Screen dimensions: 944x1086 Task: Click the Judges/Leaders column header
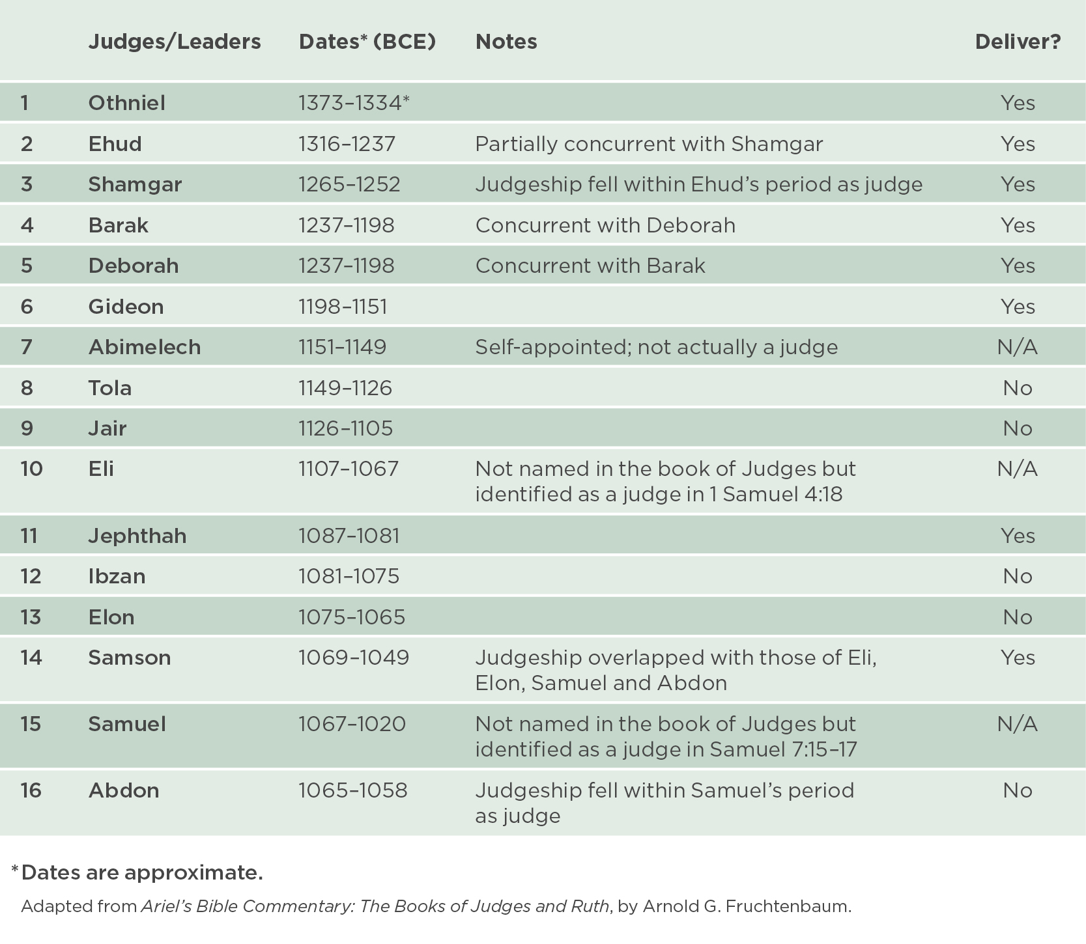point(174,42)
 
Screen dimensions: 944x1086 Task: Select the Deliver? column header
point(1018,42)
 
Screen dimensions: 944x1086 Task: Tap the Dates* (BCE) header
point(367,42)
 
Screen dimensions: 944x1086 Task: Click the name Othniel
point(126,103)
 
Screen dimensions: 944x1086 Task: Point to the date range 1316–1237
point(347,144)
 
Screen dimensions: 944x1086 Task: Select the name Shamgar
point(135,184)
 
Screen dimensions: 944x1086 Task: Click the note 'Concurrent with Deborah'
point(605,225)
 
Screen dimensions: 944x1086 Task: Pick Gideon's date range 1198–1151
point(343,307)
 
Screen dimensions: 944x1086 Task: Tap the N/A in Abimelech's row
point(1017,347)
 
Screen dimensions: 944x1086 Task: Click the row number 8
point(27,388)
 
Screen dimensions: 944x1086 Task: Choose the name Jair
point(107,428)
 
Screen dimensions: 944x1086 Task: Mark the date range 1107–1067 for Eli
point(349,469)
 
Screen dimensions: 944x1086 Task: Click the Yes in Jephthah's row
point(1018,536)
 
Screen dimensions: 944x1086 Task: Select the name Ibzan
point(117,576)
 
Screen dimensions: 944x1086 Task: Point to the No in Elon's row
point(1018,617)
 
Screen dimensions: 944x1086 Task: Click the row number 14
point(31,658)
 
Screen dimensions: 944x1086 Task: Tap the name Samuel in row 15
point(127,724)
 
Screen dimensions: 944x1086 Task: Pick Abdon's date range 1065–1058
point(352,790)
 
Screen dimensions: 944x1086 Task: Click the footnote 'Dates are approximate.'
point(141,872)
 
